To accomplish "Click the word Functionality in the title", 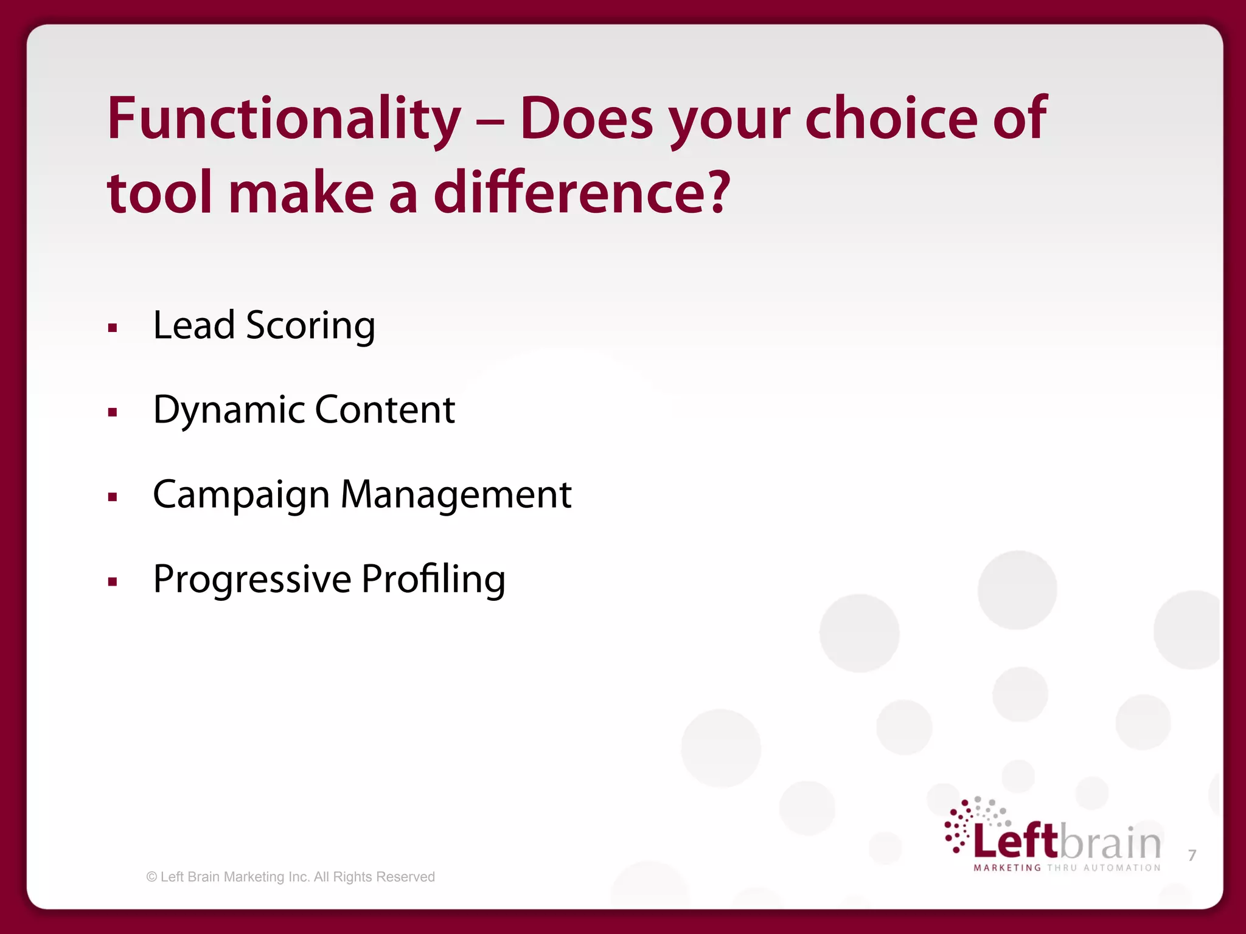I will click(x=284, y=120).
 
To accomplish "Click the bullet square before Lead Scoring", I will click(x=113, y=329).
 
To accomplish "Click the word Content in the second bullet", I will click(x=385, y=410).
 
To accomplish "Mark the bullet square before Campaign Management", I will click(x=113, y=497).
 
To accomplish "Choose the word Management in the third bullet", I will click(x=456, y=494).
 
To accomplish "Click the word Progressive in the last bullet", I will click(x=252, y=580).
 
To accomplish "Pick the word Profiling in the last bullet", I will click(x=433, y=580).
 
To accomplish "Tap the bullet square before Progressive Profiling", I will click(x=113, y=582).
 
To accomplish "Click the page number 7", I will click(x=1192, y=856).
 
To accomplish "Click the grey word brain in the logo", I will click(x=1111, y=843).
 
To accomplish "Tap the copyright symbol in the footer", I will click(x=151, y=877).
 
